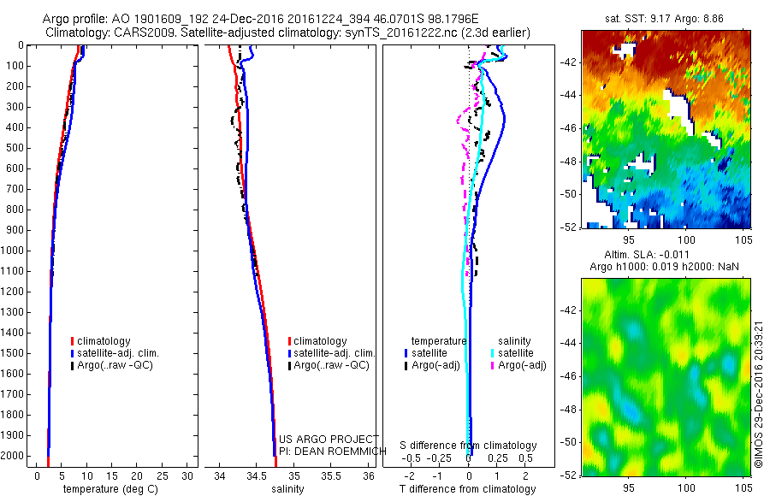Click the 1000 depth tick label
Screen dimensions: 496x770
pos(15,251)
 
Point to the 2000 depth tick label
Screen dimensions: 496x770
pos(15,456)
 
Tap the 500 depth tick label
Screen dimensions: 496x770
pos(17,148)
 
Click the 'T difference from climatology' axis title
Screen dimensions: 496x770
pos(469,489)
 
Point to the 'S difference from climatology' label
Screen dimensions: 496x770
pos(469,446)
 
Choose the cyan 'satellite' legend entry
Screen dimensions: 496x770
pos(517,352)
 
